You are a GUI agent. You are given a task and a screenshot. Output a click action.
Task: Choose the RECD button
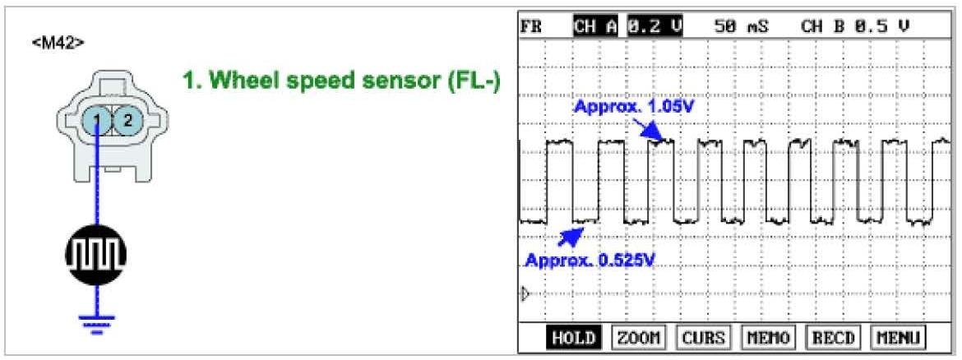(x=833, y=338)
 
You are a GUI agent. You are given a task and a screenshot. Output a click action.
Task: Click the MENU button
(x=897, y=338)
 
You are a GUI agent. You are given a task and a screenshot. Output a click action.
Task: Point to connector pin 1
(x=97, y=122)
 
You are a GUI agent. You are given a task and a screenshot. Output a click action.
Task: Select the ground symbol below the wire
(x=97, y=323)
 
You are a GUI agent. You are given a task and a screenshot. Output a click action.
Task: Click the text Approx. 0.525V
(x=591, y=261)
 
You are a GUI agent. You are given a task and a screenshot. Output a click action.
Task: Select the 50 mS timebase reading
(x=742, y=26)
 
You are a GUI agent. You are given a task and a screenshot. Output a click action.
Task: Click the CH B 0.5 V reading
(x=855, y=26)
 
